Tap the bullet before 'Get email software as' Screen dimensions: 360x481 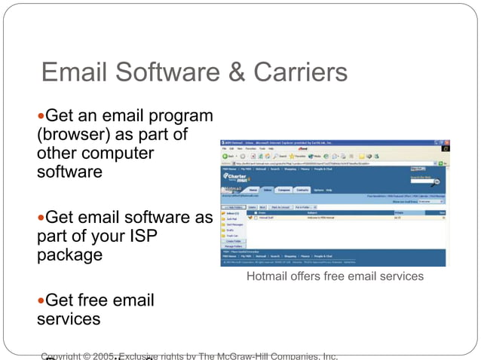[41, 218]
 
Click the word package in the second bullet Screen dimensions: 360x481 [69, 255]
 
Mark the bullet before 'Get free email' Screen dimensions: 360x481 [41, 301]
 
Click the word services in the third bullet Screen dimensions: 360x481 [68, 319]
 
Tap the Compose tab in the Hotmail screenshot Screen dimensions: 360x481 [284, 190]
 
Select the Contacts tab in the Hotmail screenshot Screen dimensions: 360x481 [302, 190]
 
